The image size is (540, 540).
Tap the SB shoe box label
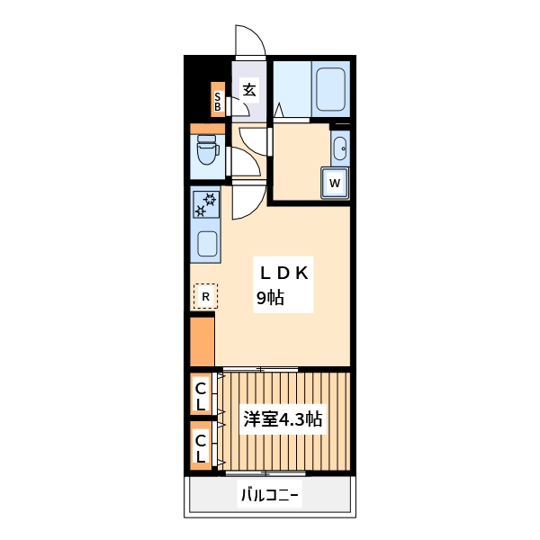click(218, 101)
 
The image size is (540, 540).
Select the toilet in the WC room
click(208, 150)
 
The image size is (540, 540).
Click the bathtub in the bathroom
click(330, 87)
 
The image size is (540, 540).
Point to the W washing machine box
click(335, 184)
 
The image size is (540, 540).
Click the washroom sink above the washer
click(339, 147)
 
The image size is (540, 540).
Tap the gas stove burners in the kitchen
click(205, 205)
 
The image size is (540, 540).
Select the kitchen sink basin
click(206, 244)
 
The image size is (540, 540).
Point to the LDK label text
click(284, 274)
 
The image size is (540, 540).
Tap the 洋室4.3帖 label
click(283, 418)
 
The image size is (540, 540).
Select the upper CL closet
click(202, 396)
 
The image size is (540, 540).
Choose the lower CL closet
click(202, 447)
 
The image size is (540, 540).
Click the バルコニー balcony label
click(269, 494)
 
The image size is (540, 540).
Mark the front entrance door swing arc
click(248, 41)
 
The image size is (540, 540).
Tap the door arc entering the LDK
click(247, 203)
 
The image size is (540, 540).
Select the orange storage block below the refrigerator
click(202, 342)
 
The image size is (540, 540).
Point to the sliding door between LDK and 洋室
click(261, 369)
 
